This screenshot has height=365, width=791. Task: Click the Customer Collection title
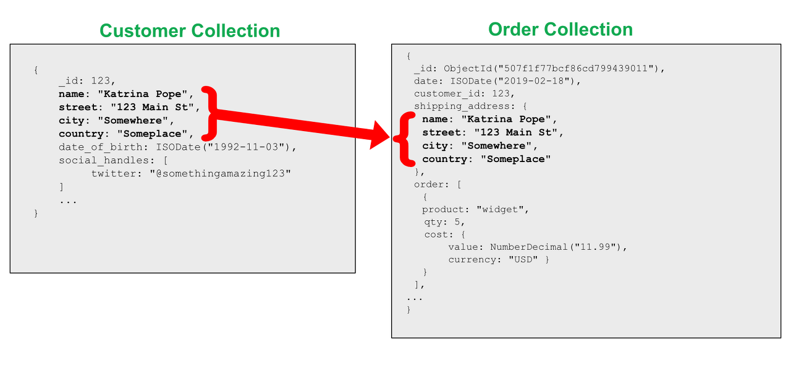pyautogui.click(x=190, y=30)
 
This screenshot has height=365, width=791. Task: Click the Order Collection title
pyautogui.click(x=560, y=29)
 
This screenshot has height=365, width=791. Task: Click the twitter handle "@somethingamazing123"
pyautogui.click(x=220, y=173)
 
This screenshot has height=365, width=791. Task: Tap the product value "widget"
pyautogui.click(x=502, y=209)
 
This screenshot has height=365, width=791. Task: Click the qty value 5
pyautogui.click(x=458, y=221)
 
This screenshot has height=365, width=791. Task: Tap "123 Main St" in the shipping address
pyautogui.click(x=516, y=132)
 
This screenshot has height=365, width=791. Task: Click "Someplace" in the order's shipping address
pyautogui.click(x=515, y=159)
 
